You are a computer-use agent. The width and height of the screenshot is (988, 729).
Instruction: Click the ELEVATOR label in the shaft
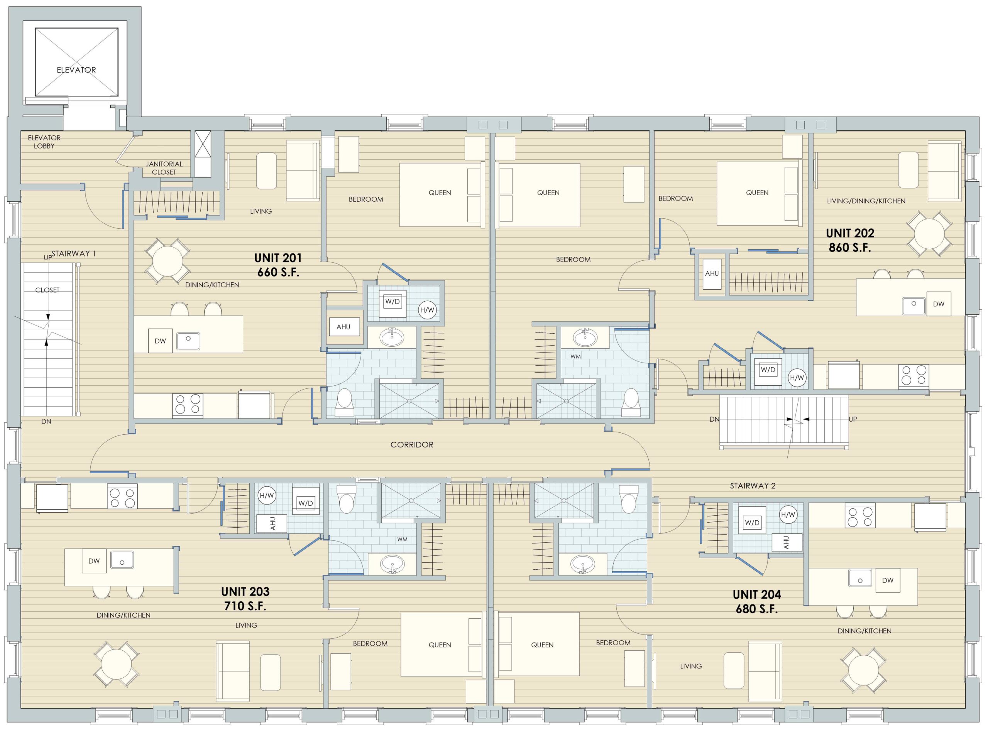[76, 70]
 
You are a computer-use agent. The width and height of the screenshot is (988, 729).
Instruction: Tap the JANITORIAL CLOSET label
[164, 168]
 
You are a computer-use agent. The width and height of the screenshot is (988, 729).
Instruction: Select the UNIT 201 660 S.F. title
[278, 265]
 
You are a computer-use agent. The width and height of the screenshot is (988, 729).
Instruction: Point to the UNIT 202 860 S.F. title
[850, 240]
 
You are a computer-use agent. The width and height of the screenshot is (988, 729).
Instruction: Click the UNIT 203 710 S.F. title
[245, 598]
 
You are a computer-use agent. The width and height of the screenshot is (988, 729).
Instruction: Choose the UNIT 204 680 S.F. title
[757, 601]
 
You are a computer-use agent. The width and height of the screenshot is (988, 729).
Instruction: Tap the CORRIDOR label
[412, 445]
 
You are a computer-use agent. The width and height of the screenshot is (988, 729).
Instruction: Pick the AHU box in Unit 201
[343, 327]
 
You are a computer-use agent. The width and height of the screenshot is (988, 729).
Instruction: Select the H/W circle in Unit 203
[267, 496]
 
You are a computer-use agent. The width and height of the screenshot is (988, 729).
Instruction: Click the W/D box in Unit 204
[752, 523]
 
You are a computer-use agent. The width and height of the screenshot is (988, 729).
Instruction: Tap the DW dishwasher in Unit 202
[938, 304]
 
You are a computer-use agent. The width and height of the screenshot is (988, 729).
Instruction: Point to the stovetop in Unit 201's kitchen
[188, 405]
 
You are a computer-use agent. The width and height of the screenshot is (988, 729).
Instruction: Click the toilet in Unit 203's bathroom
[346, 499]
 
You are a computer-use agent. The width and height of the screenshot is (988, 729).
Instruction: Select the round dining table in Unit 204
[863, 670]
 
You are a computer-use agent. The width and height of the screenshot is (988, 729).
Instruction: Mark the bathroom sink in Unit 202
[585, 337]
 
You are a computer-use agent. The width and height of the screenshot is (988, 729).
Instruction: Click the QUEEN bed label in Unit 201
[440, 193]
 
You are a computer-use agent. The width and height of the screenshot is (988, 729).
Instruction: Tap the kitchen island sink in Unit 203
[122, 560]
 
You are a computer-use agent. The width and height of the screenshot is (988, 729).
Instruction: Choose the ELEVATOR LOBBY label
[44, 142]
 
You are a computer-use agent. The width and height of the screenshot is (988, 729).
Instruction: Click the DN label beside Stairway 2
[714, 419]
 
